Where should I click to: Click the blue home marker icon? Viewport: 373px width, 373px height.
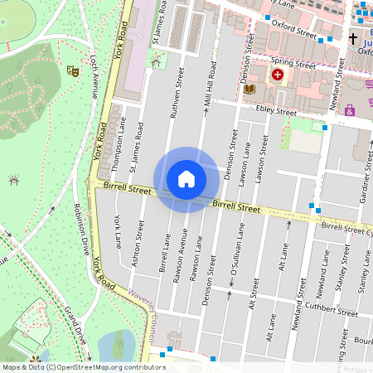point(186,179)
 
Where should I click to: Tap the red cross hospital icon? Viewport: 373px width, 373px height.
point(277,75)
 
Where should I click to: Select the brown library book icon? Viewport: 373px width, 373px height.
point(250,90)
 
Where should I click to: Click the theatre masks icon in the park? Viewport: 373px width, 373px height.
point(74,73)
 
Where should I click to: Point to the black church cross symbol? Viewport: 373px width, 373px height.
point(352,39)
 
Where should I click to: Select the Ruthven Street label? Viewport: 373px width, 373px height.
point(176,95)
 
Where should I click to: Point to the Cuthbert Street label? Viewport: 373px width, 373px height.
point(331,311)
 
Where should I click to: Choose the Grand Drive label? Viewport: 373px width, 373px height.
point(75,325)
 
